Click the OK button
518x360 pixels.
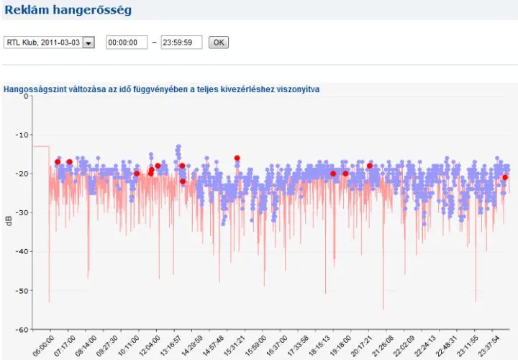(x=218, y=42)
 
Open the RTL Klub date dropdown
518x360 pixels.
(x=88, y=43)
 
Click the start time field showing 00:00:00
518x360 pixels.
(x=127, y=42)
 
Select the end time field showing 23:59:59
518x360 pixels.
(x=181, y=42)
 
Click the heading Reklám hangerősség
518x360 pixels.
(x=68, y=9)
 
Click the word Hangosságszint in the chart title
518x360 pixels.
(x=32, y=89)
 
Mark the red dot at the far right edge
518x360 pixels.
(x=505, y=177)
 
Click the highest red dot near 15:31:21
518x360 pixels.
(x=237, y=158)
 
